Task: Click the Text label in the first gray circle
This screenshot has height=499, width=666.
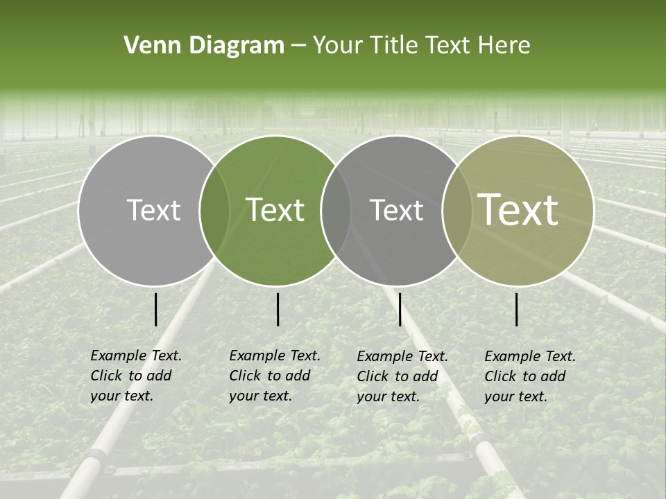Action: [153, 210]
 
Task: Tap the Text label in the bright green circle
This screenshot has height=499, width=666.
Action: [275, 210]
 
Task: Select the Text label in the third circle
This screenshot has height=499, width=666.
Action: [397, 210]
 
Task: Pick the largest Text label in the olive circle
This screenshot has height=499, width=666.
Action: [518, 210]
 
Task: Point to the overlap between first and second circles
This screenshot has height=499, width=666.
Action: [214, 210]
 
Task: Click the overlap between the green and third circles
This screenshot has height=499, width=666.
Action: [336, 210]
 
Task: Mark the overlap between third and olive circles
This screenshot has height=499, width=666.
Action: [457, 210]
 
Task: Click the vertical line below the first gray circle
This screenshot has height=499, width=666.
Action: [155, 309]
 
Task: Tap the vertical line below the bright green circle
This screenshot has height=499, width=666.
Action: [277, 309]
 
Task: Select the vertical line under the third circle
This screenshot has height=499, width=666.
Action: [400, 309]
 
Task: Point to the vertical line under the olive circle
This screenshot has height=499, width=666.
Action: [517, 309]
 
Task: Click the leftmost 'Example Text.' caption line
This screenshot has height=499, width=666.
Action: [136, 356]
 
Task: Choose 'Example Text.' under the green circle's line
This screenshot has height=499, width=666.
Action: [275, 356]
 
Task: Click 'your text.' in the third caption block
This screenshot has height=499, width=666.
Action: [388, 396]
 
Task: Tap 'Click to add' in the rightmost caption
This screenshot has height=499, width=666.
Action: [525, 376]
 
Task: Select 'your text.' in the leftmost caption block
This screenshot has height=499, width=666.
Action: [121, 396]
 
